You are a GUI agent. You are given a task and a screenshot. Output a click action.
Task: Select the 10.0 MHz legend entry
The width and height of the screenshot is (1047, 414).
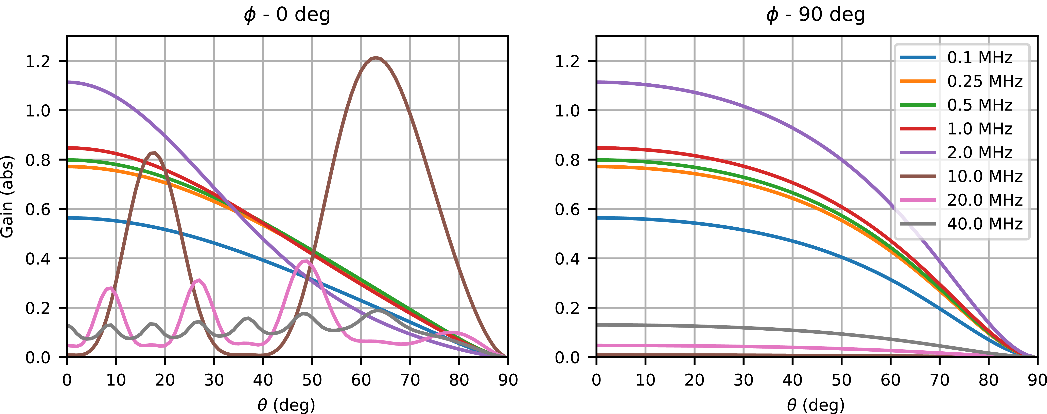[x=984, y=176]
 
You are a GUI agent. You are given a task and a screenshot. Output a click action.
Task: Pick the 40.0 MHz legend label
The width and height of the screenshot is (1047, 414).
[x=984, y=224]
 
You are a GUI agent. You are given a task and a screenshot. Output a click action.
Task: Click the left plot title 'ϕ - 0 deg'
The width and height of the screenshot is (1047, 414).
[x=287, y=15]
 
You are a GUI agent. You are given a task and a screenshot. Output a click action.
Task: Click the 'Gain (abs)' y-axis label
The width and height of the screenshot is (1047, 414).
[x=7, y=196]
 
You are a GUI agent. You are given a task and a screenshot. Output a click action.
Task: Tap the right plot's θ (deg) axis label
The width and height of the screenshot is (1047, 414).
[x=816, y=405]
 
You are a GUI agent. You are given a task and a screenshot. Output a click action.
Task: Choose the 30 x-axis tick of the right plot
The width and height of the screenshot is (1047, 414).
[x=743, y=380]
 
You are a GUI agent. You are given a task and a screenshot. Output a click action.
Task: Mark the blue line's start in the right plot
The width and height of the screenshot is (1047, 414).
[x=597, y=218]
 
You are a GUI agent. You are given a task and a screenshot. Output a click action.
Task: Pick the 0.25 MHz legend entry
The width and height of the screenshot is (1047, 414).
[x=984, y=81]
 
